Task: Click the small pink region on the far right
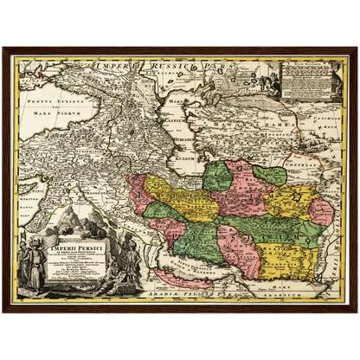321,211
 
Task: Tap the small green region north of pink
270,176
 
